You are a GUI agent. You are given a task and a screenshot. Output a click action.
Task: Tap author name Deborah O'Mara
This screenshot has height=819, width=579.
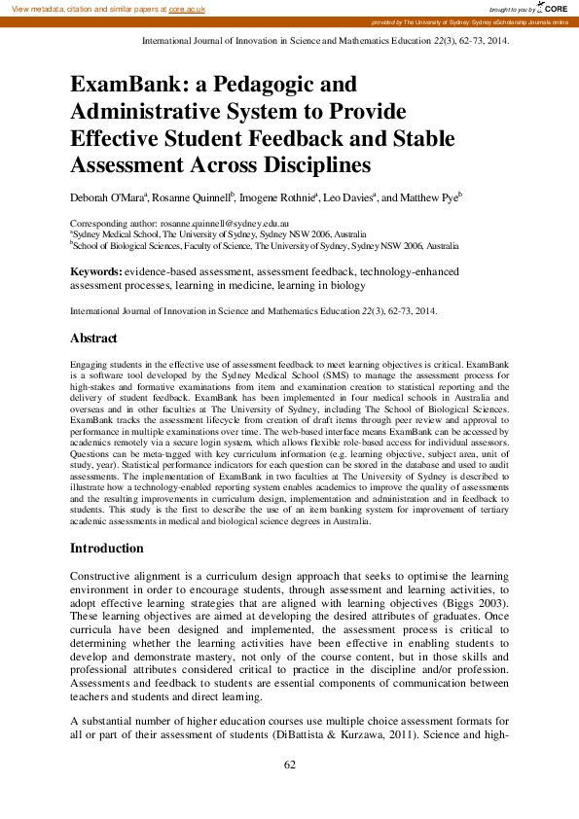[x=107, y=197]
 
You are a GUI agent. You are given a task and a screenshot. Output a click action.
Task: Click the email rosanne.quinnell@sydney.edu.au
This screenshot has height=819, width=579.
[x=216, y=223]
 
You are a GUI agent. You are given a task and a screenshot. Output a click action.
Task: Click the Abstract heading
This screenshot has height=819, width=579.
[x=93, y=338]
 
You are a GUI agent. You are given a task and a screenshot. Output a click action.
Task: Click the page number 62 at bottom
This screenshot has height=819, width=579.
[x=289, y=766]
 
